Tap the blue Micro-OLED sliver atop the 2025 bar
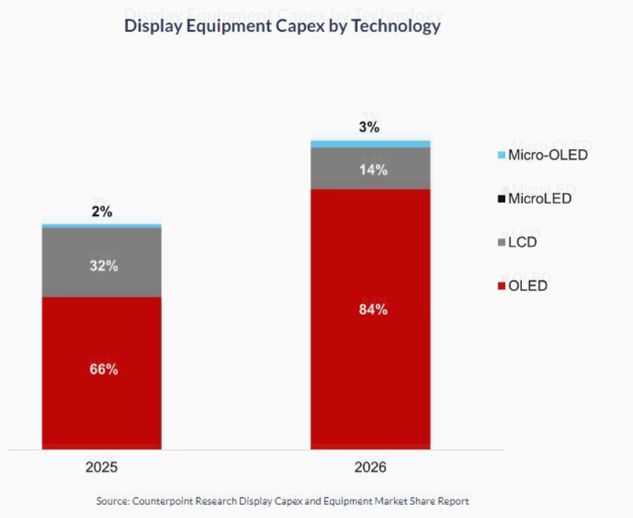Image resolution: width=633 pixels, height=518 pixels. click(x=101, y=225)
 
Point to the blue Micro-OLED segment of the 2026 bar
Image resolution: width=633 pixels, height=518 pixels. click(x=371, y=143)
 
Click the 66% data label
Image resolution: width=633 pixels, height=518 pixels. click(x=104, y=370)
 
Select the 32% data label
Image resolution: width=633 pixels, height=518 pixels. click(x=104, y=266)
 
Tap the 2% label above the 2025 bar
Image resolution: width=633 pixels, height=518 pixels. click(x=101, y=212)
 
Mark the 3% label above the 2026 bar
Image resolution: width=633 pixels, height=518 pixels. click(x=369, y=127)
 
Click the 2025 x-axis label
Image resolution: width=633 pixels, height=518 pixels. click(x=101, y=467)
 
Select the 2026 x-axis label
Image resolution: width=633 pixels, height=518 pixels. click(x=369, y=467)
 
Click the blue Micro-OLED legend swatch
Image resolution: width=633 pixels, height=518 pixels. click(x=502, y=156)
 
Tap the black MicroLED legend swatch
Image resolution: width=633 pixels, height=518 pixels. click(x=502, y=199)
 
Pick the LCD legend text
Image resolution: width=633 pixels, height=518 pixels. click(x=523, y=242)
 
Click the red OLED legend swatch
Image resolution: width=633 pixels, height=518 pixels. click(x=502, y=286)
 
